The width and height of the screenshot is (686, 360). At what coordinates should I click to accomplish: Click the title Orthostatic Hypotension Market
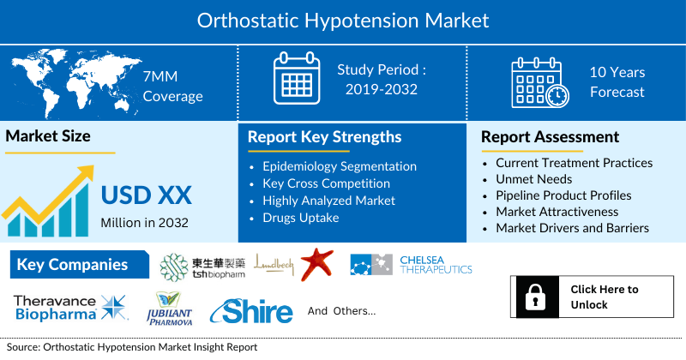click(x=343, y=21)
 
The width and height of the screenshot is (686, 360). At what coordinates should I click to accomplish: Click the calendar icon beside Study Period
click(x=295, y=81)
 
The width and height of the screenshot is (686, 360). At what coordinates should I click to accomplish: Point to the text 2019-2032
click(x=382, y=89)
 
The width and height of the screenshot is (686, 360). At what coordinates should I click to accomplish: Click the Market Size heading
click(x=48, y=136)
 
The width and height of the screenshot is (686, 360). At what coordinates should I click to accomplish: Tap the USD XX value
click(x=146, y=195)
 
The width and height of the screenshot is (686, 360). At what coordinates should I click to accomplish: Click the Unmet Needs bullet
click(x=533, y=179)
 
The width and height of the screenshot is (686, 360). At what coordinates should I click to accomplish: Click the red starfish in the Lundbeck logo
click(x=316, y=264)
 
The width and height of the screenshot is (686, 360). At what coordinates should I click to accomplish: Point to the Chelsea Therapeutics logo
click(x=412, y=265)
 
